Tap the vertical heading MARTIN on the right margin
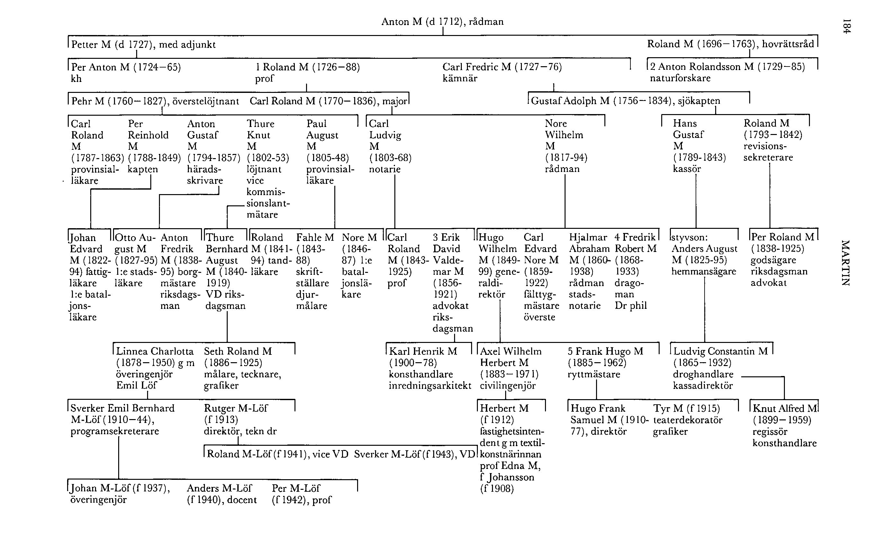pyautogui.click(x=846, y=263)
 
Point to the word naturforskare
pyautogui.click(x=680, y=78)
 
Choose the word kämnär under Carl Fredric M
pyautogui.click(x=460, y=78)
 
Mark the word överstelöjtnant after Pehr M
pyautogui.click(x=206, y=101)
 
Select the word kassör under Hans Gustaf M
pyautogui.click(x=687, y=169)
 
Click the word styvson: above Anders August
pyautogui.click(x=689, y=238)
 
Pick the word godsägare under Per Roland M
pyautogui.click(x=773, y=260)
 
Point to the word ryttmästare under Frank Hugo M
pyautogui.click(x=593, y=374)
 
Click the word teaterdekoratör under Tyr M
pyautogui.click(x=688, y=420)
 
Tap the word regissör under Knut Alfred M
pyautogui.click(x=770, y=432)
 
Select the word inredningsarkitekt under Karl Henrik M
pyautogui.click(x=430, y=386)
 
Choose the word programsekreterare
pyautogui.click(x=115, y=431)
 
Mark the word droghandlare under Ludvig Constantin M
pyautogui.click(x=703, y=374)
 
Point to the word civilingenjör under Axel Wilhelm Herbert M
pyautogui.click(x=507, y=386)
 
